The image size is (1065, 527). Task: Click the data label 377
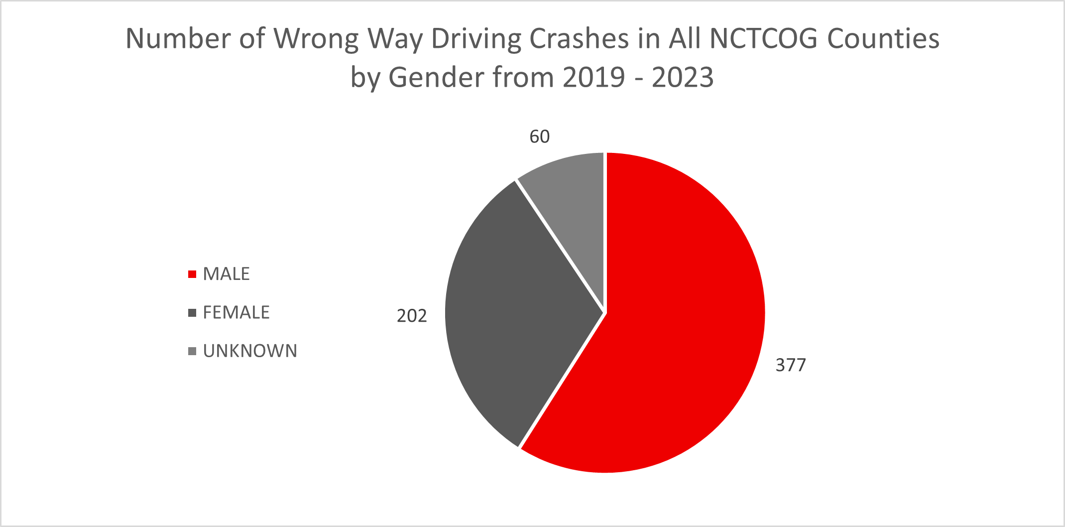click(791, 366)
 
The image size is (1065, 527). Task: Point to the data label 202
click(412, 316)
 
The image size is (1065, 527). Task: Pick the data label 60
click(539, 137)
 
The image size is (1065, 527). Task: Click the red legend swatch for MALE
click(192, 274)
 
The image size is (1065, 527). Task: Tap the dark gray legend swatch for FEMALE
click(192, 313)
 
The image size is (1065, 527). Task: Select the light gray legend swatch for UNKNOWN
click(192, 352)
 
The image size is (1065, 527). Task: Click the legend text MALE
click(226, 274)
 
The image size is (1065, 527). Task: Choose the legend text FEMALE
click(236, 313)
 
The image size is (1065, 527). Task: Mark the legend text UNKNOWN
click(250, 352)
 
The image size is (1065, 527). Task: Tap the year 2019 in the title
click(593, 78)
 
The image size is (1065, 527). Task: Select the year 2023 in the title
click(683, 78)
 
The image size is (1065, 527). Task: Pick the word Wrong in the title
click(316, 39)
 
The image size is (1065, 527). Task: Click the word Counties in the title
click(883, 39)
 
